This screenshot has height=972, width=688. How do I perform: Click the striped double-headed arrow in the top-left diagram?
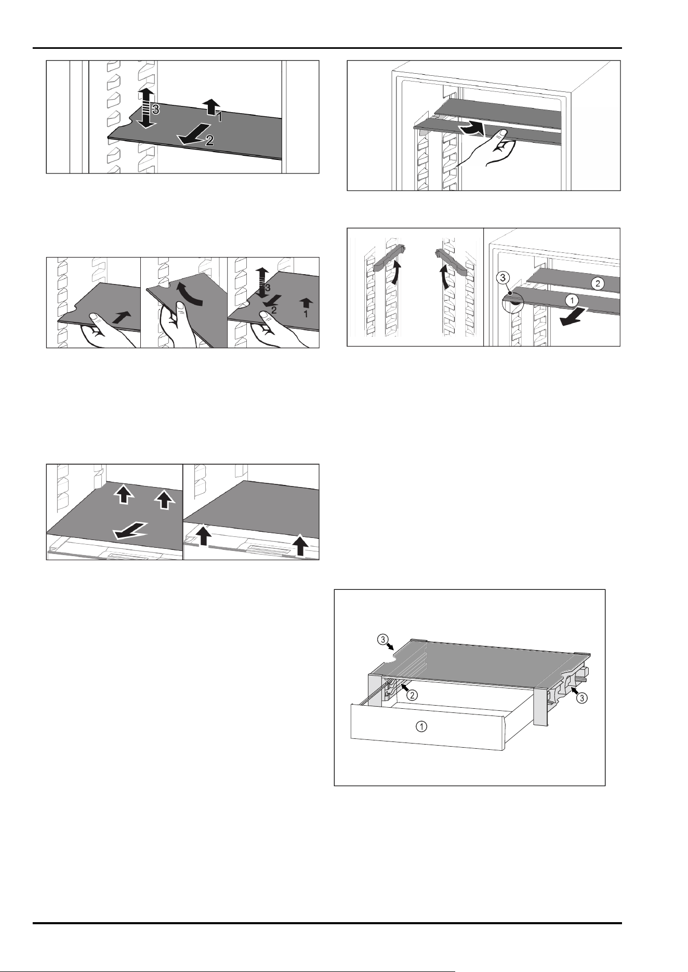tap(147, 108)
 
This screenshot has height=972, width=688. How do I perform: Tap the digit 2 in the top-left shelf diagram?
tap(209, 140)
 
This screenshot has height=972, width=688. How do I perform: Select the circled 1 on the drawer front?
tap(422, 727)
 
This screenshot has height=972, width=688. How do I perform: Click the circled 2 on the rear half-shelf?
tap(598, 283)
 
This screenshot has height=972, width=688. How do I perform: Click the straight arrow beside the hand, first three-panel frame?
tap(120, 317)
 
